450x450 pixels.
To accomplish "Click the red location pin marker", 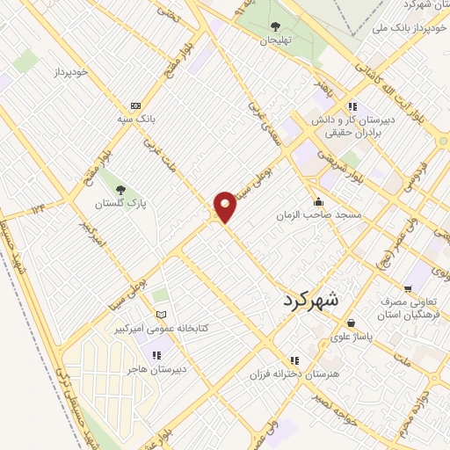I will (x=225, y=207).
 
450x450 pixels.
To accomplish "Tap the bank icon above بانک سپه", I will (x=134, y=104).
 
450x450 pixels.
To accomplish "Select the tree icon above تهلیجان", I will (x=275, y=26).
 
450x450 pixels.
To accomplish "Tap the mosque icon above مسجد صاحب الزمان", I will (x=318, y=201).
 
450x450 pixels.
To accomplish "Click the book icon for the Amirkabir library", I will (x=160, y=314).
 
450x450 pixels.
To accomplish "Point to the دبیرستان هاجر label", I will (x=156, y=369).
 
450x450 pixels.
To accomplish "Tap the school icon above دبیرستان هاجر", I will (x=156, y=355).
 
